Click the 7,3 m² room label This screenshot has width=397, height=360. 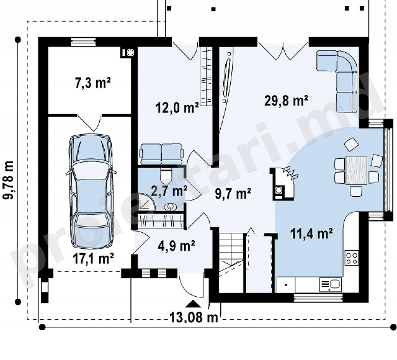click(x=93, y=83)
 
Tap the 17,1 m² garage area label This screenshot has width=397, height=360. click(x=93, y=258)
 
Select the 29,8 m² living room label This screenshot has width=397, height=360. click(x=286, y=100)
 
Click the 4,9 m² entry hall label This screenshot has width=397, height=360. click(x=176, y=246)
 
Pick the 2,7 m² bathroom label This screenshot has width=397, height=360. click(x=169, y=191)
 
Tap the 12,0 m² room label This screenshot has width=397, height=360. click(x=177, y=107)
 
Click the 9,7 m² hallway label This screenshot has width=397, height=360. click(x=233, y=194)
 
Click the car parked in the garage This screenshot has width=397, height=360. click(x=91, y=191)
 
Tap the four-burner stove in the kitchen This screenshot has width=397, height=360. click(x=352, y=258)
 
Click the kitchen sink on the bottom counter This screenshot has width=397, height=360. click(x=331, y=285)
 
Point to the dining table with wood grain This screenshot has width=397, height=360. click(x=356, y=170)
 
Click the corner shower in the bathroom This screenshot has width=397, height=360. click(x=146, y=202)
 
